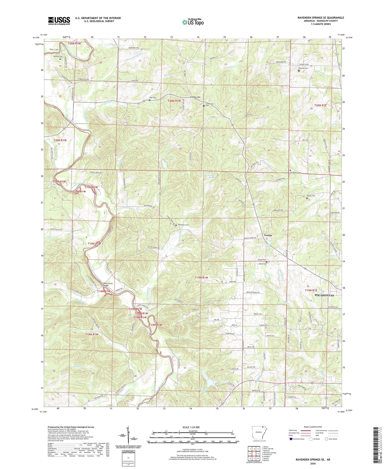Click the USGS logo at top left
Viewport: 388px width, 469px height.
59,20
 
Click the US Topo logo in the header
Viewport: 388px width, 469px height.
193,22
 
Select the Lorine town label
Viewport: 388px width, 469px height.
268,235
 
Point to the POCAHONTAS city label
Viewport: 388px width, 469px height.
324,295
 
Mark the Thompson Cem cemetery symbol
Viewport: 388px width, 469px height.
176,226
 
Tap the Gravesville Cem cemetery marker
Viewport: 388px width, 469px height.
204,106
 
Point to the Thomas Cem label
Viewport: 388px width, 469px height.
304,68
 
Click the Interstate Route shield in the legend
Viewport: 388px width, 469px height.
291,439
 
